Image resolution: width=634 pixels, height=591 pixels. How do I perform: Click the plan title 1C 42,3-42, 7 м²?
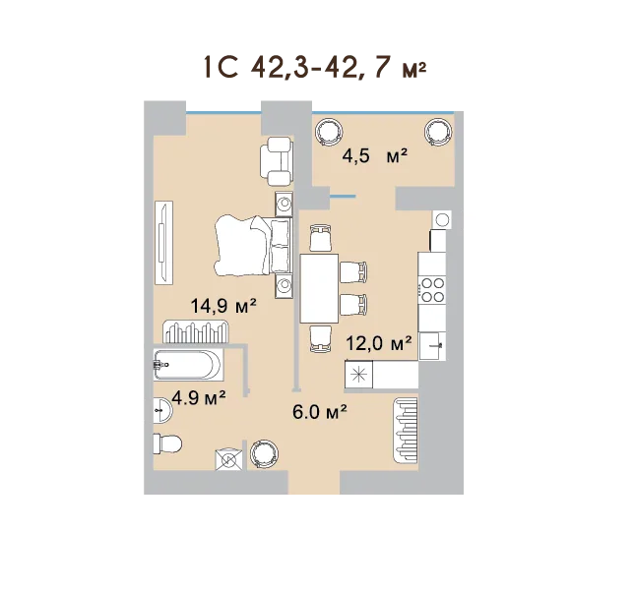(x=315, y=68)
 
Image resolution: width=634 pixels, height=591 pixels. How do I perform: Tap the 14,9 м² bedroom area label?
(x=223, y=306)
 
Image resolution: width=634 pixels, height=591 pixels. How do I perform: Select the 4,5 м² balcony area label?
(x=374, y=156)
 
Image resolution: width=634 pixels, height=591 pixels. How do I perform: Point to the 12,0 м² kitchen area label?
(x=379, y=344)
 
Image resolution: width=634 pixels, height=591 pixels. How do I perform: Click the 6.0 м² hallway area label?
(x=320, y=412)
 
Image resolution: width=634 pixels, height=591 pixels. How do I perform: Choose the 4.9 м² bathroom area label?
(x=199, y=398)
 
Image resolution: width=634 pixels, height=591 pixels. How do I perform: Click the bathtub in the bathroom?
(x=188, y=365)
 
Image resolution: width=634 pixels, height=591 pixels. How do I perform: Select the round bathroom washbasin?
(x=162, y=410)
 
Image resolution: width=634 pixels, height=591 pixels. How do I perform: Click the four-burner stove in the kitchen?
(x=433, y=290)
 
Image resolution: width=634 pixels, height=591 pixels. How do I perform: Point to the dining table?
(x=319, y=288)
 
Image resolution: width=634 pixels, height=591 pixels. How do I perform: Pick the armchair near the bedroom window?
(x=277, y=160)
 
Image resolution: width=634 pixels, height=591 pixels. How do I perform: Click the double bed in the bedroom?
(x=254, y=246)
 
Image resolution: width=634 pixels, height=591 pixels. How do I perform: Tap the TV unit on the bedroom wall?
(x=163, y=243)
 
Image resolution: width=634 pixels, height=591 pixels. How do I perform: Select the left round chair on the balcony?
(x=329, y=132)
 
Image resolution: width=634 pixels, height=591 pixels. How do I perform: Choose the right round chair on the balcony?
(x=439, y=132)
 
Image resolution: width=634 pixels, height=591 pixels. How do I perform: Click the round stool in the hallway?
(x=265, y=454)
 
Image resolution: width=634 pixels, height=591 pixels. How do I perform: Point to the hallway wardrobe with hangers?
(x=406, y=431)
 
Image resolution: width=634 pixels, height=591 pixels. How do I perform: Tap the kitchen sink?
(x=432, y=346)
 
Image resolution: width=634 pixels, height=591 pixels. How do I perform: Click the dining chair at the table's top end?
(x=321, y=238)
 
